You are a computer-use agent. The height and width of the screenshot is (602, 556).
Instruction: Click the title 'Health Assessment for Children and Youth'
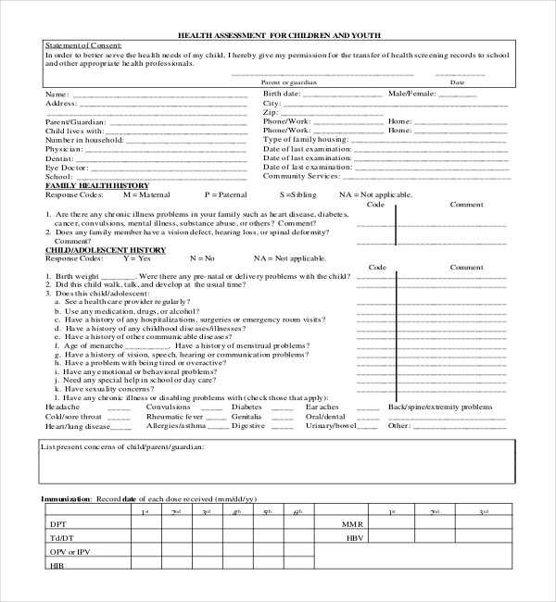pyautogui.click(x=279, y=35)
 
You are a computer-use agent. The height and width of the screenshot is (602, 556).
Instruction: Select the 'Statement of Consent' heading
pyautogui.click(x=82, y=45)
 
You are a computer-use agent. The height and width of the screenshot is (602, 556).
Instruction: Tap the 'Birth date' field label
pyautogui.click(x=282, y=94)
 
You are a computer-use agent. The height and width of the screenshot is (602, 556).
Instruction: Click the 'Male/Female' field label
pyautogui.click(x=411, y=94)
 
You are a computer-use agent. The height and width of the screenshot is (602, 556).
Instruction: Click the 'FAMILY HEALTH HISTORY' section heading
pyautogui.click(x=91, y=185)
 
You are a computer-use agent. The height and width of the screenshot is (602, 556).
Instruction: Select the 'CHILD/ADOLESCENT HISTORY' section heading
pyautogui.click(x=106, y=249)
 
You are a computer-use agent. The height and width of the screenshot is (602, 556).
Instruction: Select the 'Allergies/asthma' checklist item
pyautogui.click(x=177, y=426)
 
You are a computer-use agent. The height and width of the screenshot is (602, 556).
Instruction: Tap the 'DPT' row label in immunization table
pyautogui.click(x=57, y=524)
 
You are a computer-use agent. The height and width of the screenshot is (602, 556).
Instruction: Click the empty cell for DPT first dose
pyautogui.click(x=144, y=524)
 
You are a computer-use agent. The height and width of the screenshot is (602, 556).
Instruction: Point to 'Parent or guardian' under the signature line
pyautogui.click(x=288, y=82)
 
